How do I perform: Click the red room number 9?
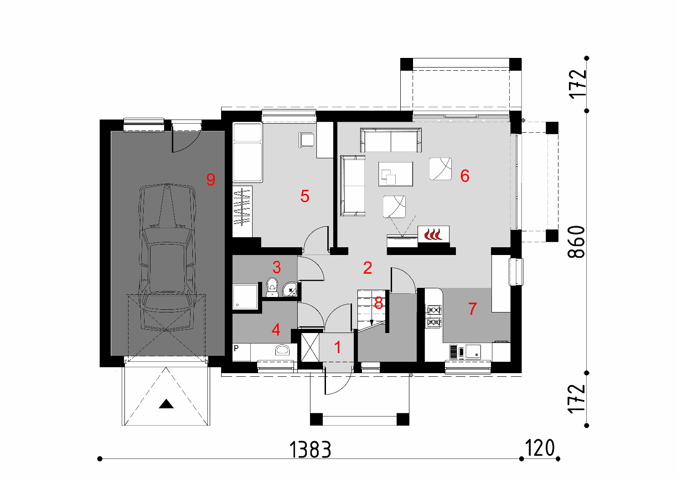[211, 179]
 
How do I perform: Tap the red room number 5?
[305, 196]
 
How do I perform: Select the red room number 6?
[465, 176]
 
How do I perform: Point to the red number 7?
[472, 308]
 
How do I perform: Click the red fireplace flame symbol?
[433, 234]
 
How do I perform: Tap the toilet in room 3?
[272, 287]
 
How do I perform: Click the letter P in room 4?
[236, 348]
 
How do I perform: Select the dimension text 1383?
[310, 449]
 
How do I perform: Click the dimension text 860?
[576, 242]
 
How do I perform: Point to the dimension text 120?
[540, 448]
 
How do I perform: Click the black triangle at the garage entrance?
[166, 404]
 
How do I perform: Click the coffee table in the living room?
[396, 174]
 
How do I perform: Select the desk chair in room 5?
[306, 140]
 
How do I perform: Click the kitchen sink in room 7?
[473, 352]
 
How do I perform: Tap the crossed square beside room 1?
[310, 348]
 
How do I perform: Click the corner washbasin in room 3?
[290, 289]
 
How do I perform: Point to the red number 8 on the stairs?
[378, 303]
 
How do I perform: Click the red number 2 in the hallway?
[367, 268]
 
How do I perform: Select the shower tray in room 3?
[245, 297]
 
